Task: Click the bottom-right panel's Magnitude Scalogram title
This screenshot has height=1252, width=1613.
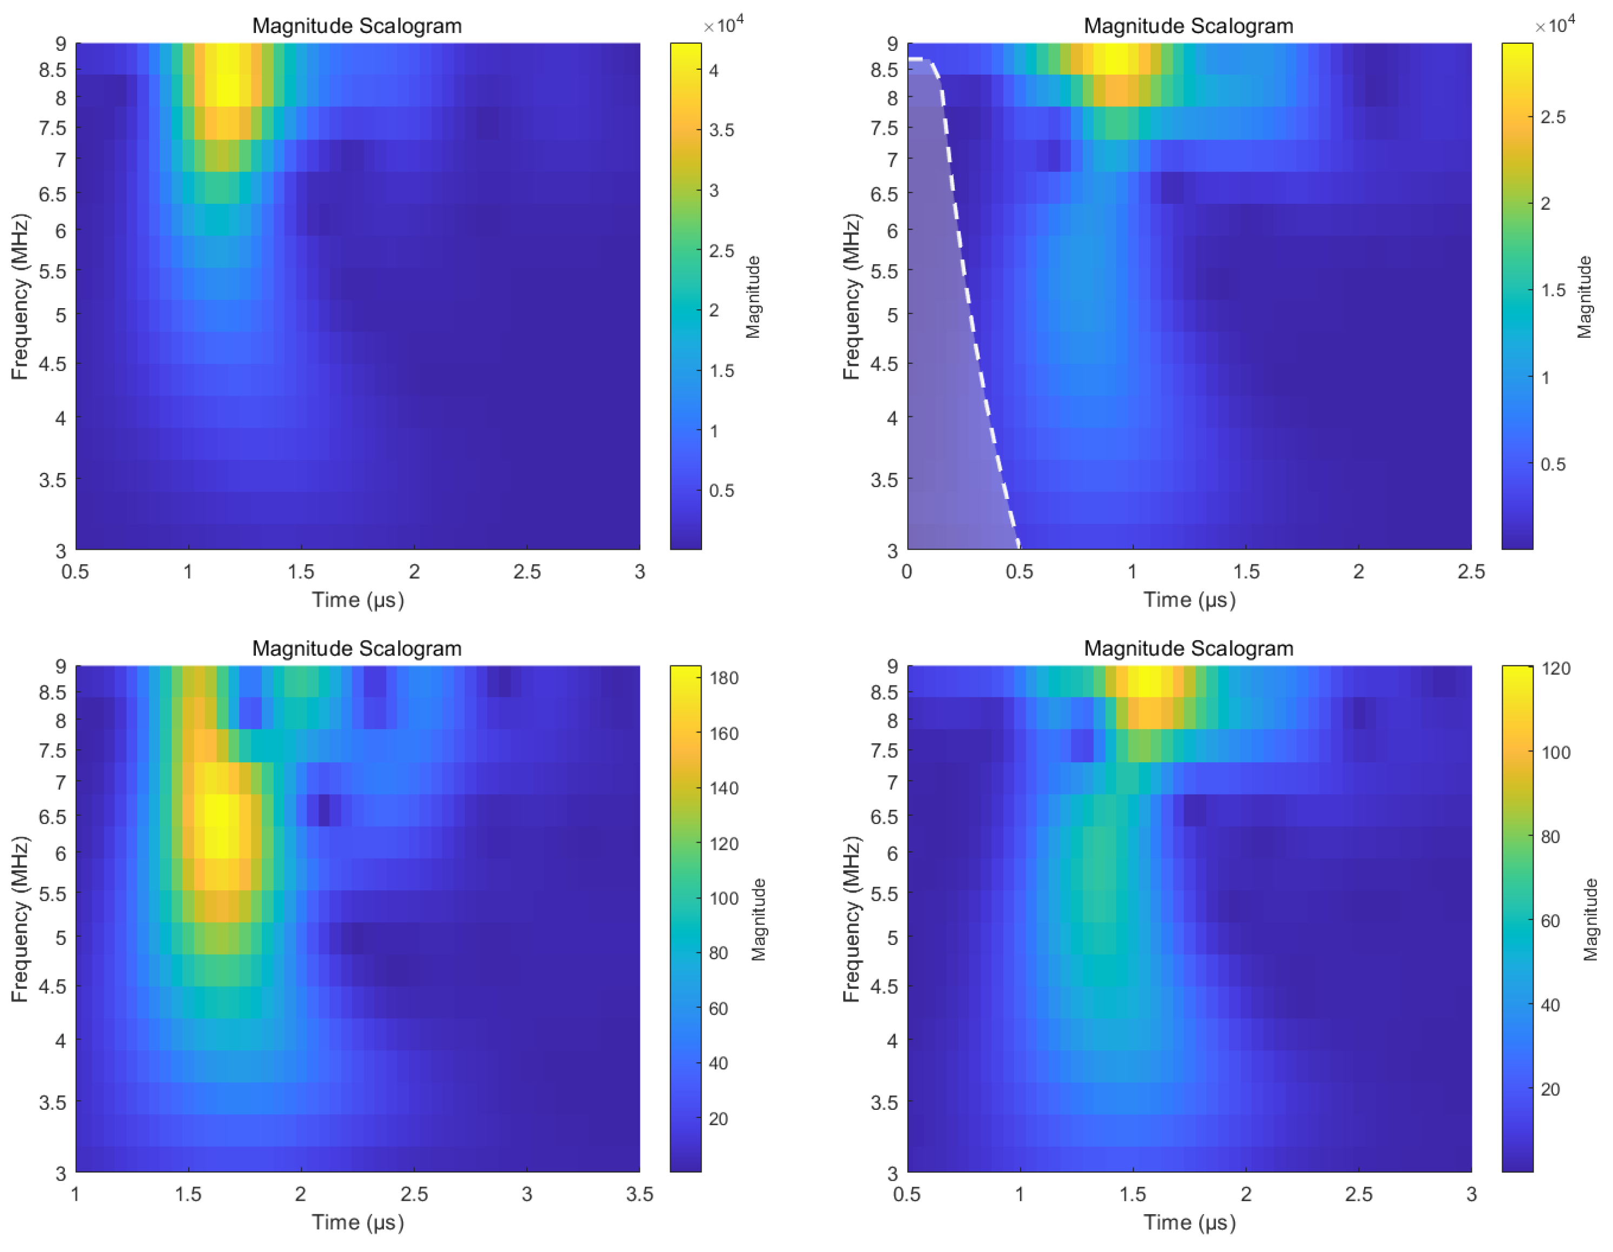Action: (1188, 648)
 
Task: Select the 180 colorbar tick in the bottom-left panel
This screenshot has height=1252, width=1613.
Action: (723, 678)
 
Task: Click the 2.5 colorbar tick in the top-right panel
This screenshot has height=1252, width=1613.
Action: (1552, 117)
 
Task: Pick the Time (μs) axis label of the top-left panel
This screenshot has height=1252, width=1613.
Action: (358, 600)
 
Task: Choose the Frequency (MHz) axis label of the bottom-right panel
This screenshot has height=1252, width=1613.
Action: (851, 919)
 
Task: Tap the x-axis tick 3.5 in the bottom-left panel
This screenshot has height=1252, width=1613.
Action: (639, 1194)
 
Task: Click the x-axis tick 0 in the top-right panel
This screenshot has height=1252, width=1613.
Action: (907, 572)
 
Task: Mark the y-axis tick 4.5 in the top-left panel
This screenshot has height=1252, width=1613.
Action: (52, 364)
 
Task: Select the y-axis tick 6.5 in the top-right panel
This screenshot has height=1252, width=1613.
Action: (884, 194)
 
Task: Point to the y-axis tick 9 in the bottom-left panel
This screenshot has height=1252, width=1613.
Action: (61, 667)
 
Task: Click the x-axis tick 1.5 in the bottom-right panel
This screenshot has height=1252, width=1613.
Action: (1133, 1194)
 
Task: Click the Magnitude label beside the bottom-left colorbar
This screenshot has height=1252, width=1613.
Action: (758, 919)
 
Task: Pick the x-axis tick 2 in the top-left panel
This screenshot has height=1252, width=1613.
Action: (414, 572)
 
